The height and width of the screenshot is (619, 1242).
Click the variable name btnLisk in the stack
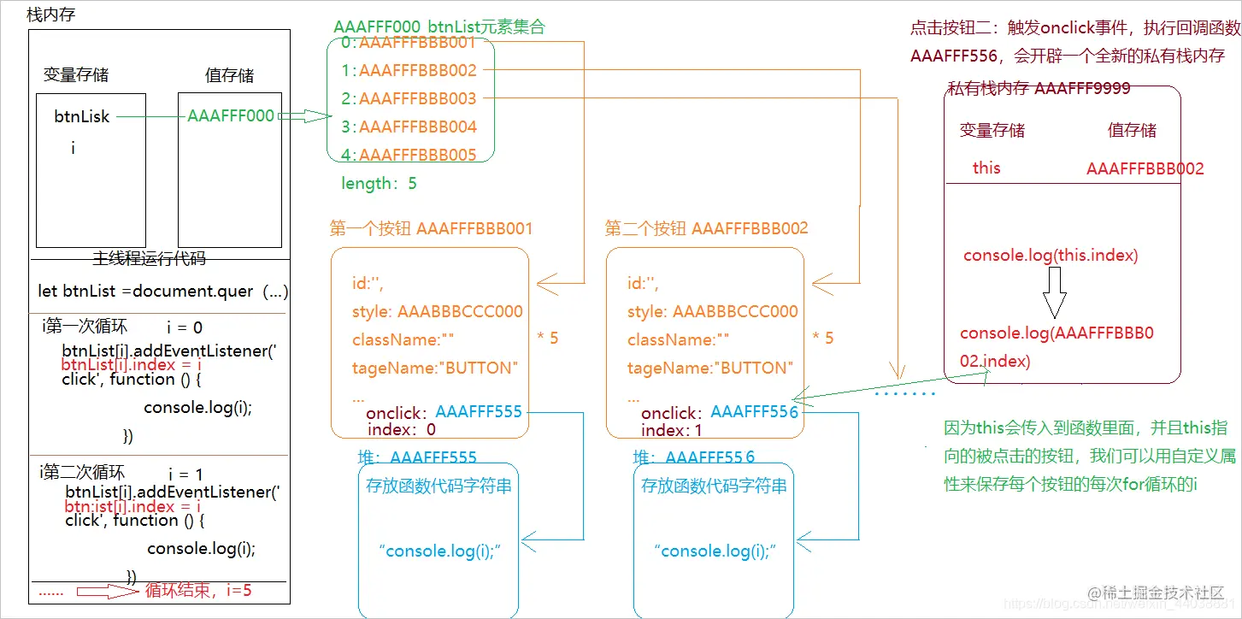pos(82,116)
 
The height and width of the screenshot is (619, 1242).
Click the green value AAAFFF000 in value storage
pos(231,115)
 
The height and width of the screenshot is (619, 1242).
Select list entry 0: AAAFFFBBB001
pos(407,42)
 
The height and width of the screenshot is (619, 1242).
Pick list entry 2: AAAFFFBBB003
pos(408,98)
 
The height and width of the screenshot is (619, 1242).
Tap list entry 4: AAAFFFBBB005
pos(408,155)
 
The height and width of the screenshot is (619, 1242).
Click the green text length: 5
pos(379,183)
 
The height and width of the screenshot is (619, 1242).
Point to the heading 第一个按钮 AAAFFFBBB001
pos(431,228)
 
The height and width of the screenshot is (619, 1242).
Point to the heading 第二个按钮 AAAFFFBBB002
pos(706,228)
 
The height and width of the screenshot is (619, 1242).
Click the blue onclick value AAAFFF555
pos(478,411)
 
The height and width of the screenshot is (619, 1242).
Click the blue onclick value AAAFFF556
pos(754,412)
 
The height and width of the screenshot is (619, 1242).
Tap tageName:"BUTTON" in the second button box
pos(710,368)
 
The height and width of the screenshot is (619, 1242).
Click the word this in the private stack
pos(986,168)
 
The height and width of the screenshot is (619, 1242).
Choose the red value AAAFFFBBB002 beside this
pos(1145,168)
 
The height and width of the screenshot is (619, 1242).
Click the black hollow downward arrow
pos(1054,292)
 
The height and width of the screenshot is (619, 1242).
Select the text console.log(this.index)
pos(1051,255)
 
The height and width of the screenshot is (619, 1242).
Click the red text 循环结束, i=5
pos(198,590)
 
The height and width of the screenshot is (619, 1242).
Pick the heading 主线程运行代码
pos(149,258)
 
